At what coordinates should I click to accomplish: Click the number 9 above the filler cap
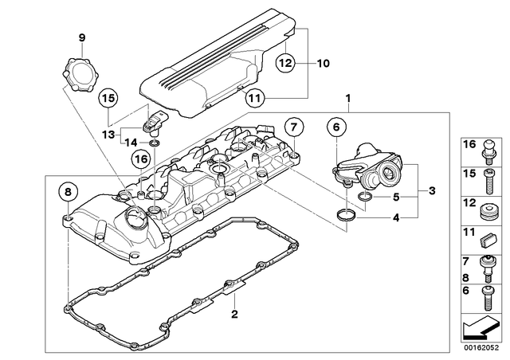coord(80,37)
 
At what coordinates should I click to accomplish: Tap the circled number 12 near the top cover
coord(286,62)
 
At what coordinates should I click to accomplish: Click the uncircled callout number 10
coord(322,62)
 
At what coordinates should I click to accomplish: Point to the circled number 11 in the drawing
coord(253,99)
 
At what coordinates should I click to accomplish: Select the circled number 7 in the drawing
coord(292,126)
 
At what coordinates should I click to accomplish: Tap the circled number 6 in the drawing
coord(335,126)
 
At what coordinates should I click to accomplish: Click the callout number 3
coord(431,190)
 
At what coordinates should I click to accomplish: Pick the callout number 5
coord(396,197)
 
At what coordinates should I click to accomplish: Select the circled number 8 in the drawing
coord(68,192)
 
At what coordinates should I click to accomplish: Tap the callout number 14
coord(130,142)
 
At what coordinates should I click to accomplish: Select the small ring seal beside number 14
coord(156,143)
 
